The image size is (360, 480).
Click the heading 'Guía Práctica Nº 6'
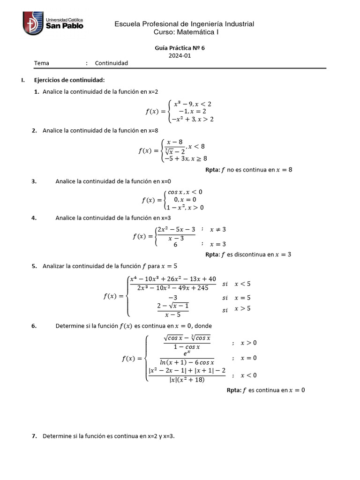pos(180,48)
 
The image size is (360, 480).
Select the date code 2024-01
pos(180,55)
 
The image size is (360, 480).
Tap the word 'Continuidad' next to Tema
pos(112,63)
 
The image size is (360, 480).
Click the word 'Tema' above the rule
pos(42,63)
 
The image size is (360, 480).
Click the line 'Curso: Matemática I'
pos(186,32)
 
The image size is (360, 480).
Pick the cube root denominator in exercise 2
pos(175,151)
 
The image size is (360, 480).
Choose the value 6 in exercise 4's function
pos(175,244)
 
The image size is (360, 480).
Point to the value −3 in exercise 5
pos(172,298)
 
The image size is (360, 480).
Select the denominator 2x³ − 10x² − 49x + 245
pos(173,288)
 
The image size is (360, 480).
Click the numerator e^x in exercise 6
pos(187,353)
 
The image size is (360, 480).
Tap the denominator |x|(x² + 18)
pos(187,380)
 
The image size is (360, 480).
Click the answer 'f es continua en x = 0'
pos(266,390)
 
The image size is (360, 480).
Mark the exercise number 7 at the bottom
pos(34,436)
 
